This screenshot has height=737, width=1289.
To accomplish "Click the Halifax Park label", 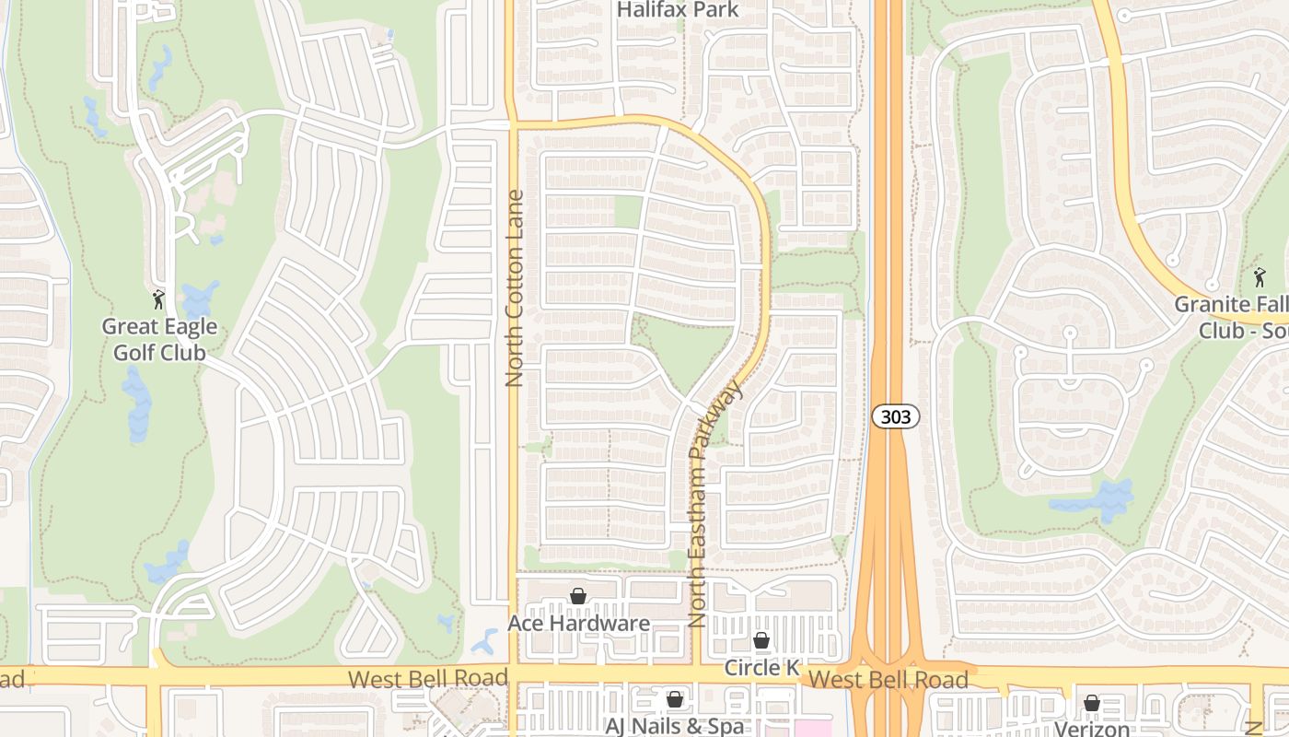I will pos(678,10).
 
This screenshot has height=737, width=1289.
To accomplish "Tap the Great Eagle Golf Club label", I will pos(159,339).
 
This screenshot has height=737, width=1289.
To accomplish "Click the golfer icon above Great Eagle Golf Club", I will pos(158,298).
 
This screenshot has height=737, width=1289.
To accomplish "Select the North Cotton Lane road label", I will pos(514,287).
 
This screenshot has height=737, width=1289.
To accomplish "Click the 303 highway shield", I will pos(895,417).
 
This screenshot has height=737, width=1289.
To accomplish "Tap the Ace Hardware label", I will pos(578,624).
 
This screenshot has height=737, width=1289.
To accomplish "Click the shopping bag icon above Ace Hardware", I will pos(578,597).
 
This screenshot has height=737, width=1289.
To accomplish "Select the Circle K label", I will pos(761,667).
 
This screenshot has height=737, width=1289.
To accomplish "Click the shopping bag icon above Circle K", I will pos(761,640).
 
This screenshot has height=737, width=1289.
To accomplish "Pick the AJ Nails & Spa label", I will pos(674,726).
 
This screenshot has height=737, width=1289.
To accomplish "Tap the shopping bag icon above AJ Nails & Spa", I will pos(675,699).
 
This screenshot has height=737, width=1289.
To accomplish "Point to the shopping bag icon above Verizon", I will pos(1092,704).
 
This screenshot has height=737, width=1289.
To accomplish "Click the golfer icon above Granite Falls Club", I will pos(1260,276).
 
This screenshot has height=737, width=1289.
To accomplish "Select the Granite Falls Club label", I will pos(1230,317).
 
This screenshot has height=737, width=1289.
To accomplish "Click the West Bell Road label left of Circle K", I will pos(428,679).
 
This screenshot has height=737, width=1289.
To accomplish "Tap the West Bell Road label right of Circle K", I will pos(888,681).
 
